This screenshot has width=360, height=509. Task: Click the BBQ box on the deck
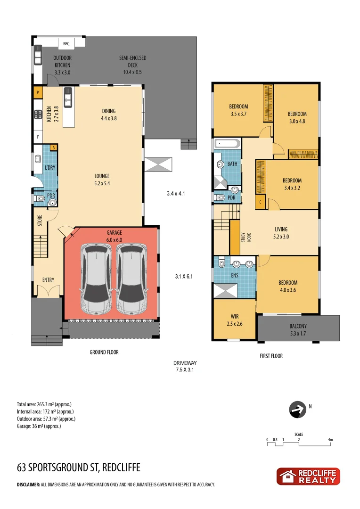pyautogui.click(x=66, y=44)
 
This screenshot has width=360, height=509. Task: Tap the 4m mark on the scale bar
pyautogui.click(x=330, y=440)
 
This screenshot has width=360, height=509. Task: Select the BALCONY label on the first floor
pyautogui.click(x=298, y=326)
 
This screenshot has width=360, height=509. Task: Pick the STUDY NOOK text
pyautogui.click(x=245, y=237)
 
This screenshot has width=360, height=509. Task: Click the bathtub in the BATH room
pyautogui.click(x=227, y=144)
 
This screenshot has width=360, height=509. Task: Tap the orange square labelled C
pyautogui.click(x=260, y=202)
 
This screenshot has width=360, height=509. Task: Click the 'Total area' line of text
pyautogui.click(x=44, y=404)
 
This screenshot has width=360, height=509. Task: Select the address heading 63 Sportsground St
pyautogui.click(x=78, y=468)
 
